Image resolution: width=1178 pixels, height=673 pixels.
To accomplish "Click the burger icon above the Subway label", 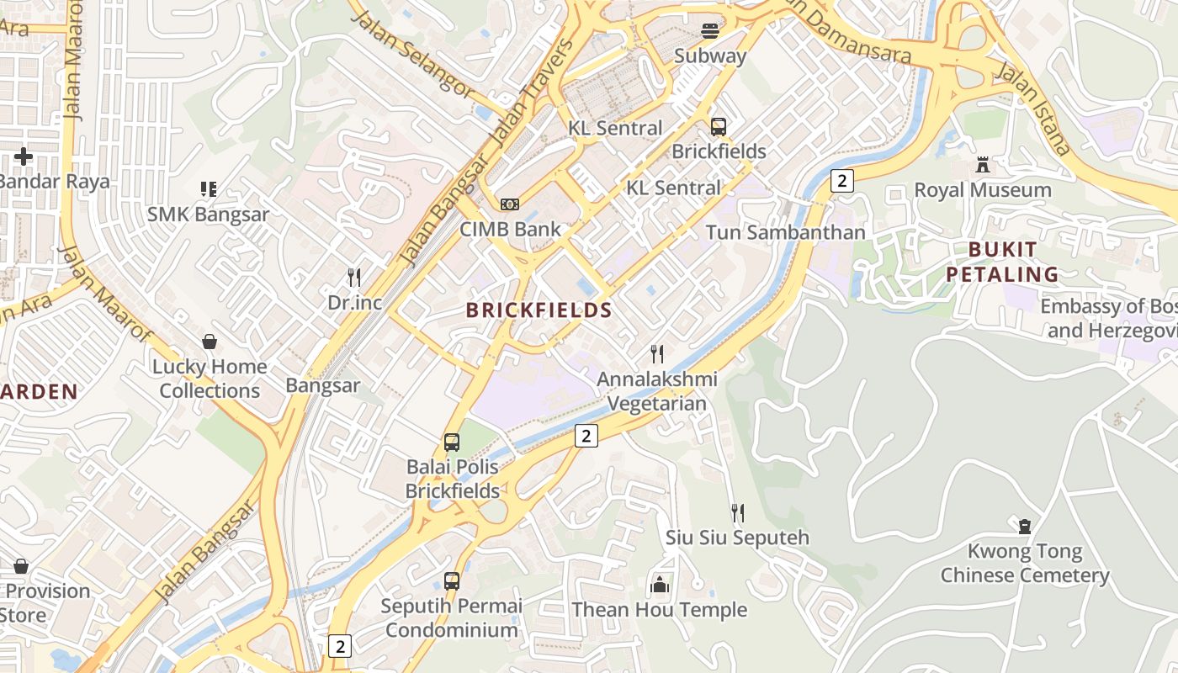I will point(710,31).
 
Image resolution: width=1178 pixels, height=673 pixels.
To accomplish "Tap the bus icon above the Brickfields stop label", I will point(718,127).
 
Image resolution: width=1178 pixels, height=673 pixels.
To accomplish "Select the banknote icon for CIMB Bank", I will point(510,204).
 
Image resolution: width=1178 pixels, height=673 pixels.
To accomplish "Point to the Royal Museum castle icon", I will point(982,165).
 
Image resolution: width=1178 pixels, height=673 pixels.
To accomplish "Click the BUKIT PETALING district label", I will point(1002,262).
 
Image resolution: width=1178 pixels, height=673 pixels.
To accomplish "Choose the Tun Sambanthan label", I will point(784,232).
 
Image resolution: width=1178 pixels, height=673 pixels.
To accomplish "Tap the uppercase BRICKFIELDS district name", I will point(539,310).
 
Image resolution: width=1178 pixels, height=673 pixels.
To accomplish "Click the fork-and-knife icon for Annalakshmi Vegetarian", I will point(657,354).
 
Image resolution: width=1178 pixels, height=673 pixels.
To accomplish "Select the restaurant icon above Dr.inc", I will point(354,277).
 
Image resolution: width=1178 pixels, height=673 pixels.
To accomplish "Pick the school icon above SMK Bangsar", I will point(208,189).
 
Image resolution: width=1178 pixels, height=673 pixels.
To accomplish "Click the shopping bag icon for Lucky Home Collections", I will point(209,342).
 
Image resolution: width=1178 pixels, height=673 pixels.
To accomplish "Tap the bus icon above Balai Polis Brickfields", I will point(452,442).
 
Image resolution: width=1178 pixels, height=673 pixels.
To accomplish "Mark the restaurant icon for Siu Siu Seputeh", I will point(737,512).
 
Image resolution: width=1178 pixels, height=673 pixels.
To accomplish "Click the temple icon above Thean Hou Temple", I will point(660,584).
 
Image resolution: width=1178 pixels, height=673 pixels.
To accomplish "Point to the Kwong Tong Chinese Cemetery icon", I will point(1024,527).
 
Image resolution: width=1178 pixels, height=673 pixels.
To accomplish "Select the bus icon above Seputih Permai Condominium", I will point(452,580).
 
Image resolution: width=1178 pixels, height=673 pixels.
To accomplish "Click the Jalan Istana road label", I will point(1033,108).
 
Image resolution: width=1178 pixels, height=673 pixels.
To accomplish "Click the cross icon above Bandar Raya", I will point(24,156).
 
